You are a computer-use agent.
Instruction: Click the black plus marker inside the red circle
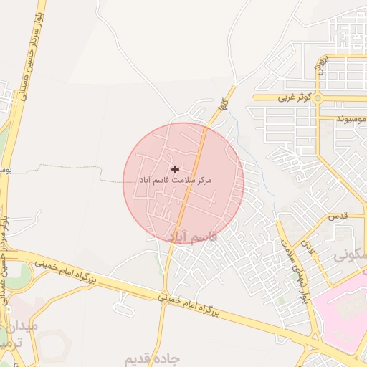(x=176, y=169)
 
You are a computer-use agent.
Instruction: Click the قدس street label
(x=338, y=216)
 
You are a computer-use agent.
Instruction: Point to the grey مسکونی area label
(x=351, y=254)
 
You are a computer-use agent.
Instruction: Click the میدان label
(x=25, y=326)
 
